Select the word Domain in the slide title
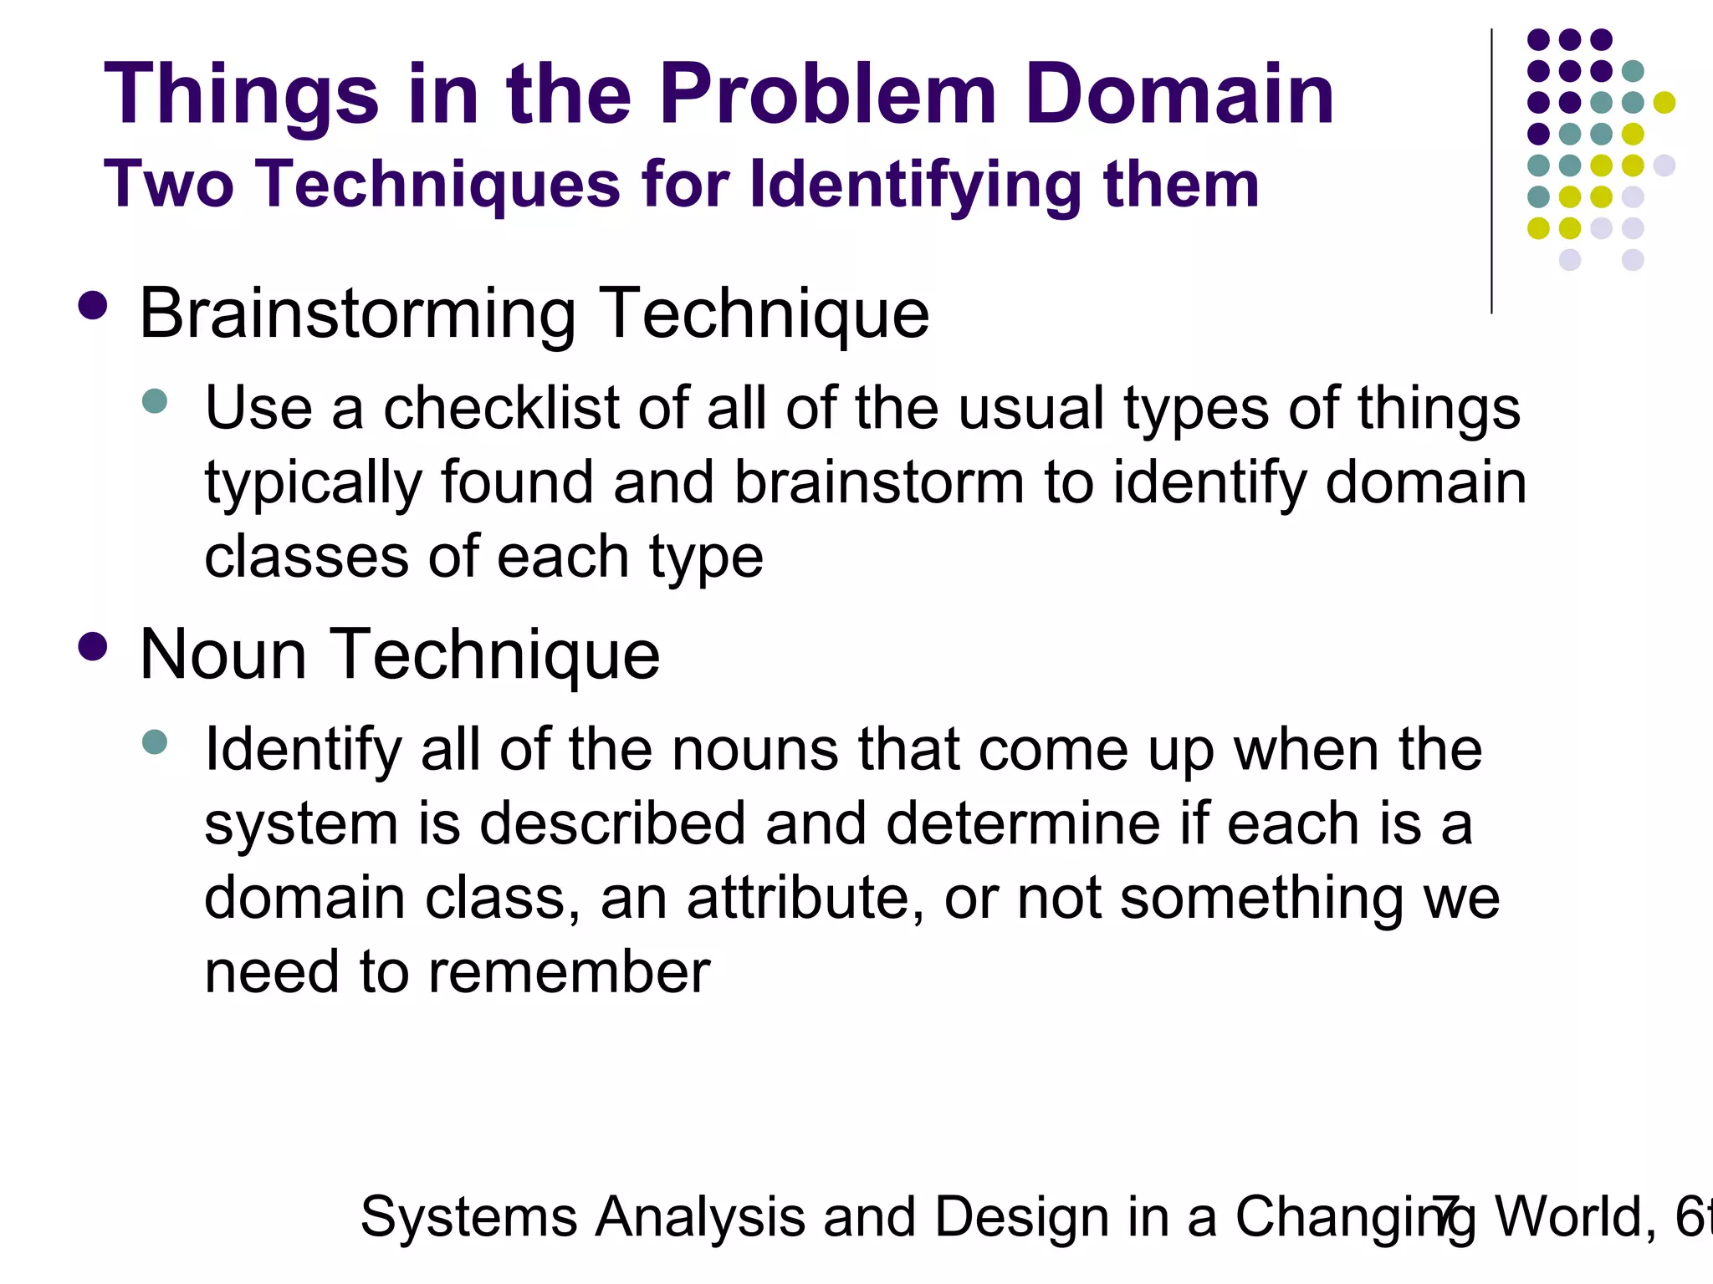1179,94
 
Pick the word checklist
500,409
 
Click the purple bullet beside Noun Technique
92,646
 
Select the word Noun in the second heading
223,655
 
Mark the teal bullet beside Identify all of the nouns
155,741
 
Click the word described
612,824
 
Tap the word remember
569,972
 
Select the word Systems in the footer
468,1217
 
